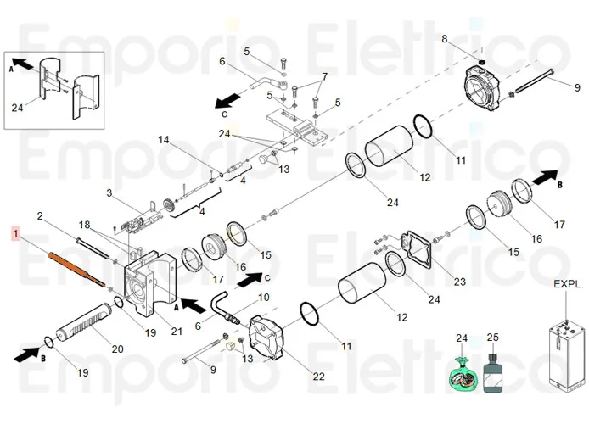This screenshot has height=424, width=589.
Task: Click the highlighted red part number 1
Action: pyautogui.click(x=13, y=231)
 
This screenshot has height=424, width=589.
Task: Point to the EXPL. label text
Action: pyautogui.click(x=568, y=284)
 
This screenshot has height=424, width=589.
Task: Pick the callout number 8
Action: pyautogui.click(x=444, y=39)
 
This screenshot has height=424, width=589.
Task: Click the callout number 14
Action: pyautogui.click(x=164, y=139)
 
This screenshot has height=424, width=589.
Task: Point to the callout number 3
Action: pyautogui.click(x=109, y=193)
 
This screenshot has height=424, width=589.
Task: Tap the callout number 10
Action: pyautogui.click(x=263, y=297)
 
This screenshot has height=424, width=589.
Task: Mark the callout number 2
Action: pyautogui.click(x=38, y=216)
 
